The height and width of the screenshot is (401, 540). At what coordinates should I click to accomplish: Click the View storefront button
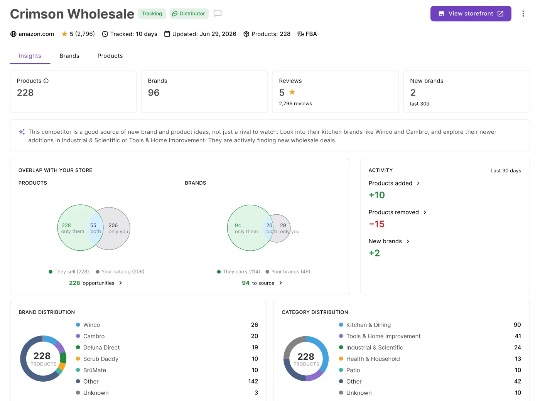[x=470, y=13]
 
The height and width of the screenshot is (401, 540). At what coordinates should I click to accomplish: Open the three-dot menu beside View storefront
[x=523, y=13]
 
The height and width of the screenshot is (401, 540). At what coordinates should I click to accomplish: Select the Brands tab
[x=69, y=56]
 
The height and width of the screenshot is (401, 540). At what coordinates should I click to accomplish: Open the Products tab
[x=110, y=56]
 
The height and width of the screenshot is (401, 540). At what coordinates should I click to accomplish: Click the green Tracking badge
[x=152, y=13]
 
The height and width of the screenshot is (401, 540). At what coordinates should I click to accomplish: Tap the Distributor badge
[x=189, y=13]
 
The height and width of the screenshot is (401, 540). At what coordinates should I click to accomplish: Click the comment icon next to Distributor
[x=217, y=13]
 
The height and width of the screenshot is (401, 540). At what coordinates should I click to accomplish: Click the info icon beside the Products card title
[x=46, y=81]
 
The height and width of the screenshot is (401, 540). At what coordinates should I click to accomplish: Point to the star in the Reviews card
[x=292, y=92]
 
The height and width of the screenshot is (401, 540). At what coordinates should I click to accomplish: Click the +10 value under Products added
[x=376, y=195]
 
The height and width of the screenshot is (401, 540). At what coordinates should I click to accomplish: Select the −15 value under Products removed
[x=376, y=224]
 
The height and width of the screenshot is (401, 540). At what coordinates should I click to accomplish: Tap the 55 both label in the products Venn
[x=95, y=228]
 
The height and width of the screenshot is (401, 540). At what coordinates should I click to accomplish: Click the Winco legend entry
[x=88, y=325]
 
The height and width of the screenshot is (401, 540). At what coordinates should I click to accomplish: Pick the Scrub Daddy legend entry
[x=97, y=359]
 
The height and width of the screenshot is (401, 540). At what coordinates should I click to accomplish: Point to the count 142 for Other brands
[x=253, y=381]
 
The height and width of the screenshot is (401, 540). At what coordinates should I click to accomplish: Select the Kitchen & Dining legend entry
[x=364, y=325]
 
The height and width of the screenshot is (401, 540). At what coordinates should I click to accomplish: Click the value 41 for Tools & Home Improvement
[x=518, y=336]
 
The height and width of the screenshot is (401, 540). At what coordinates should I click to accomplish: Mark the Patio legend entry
[x=349, y=370]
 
